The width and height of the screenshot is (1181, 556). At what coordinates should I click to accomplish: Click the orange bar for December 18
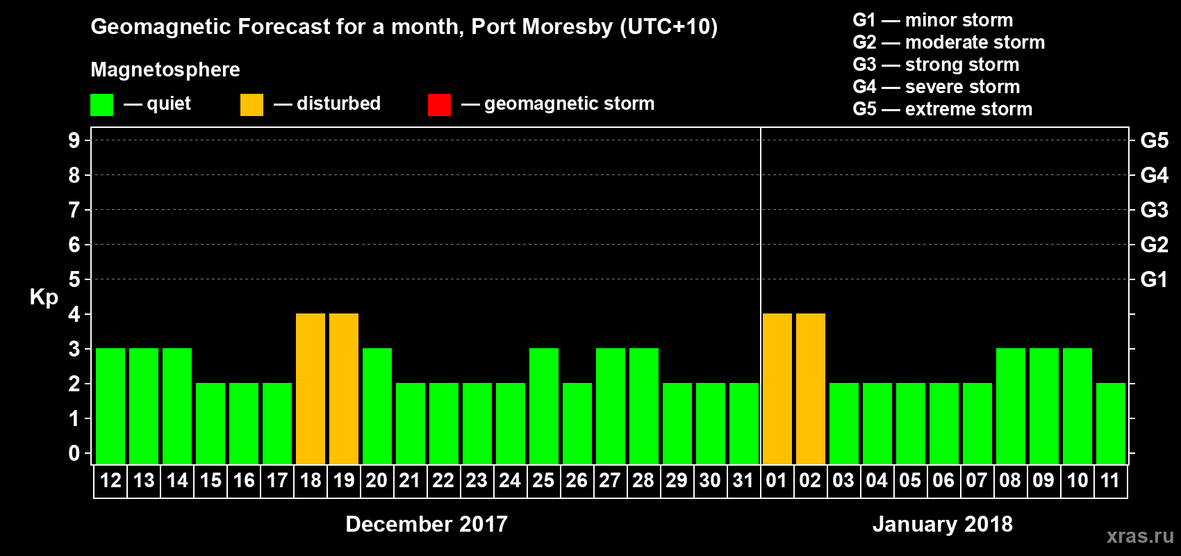pyautogui.click(x=311, y=389)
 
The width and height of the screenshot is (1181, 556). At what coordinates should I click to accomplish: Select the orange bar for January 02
pyautogui.click(x=810, y=389)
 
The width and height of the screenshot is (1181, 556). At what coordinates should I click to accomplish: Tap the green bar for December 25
pyautogui.click(x=543, y=406)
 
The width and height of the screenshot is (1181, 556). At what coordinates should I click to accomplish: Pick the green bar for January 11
pyautogui.click(x=1110, y=423)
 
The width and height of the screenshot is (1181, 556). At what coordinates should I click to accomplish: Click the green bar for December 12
pyautogui.click(x=110, y=406)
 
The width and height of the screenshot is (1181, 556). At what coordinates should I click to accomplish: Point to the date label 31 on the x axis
pyautogui.click(x=743, y=480)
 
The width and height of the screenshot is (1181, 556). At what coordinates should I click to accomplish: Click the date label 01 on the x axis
pyautogui.click(x=777, y=480)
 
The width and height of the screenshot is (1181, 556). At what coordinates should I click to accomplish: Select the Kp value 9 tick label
pyautogui.click(x=74, y=140)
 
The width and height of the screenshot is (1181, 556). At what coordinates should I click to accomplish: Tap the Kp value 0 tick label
pyautogui.click(x=74, y=453)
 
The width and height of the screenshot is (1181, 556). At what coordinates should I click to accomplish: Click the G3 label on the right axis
pyautogui.click(x=1154, y=210)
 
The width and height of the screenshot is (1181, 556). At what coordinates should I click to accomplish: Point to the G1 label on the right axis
pyautogui.click(x=1154, y=279)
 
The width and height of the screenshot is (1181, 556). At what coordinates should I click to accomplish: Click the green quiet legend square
pyautogui.click(x=102, y=105)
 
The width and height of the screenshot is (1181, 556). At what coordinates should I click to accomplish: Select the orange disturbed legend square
pyautogui.click(x=252, y=105)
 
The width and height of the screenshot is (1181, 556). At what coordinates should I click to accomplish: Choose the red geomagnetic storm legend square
pyautogui.click(x=440, y=105)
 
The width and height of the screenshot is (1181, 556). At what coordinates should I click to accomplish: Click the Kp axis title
pyautogui.click(x=44, y=297)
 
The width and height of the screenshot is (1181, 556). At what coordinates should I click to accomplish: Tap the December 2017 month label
pyautogui.click(x=427, y=524)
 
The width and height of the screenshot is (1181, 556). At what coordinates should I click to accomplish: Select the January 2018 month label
pyautogui.click(x=943, y=524)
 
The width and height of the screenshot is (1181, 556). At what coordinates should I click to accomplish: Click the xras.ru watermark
pyautogui.click(x=1140, y=536)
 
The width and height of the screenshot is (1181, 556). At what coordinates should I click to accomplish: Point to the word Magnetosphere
pyautogui.click(x=165, y=69)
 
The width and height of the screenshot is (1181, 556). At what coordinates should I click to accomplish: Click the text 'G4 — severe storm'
pyautogui.click(x=936, y=87)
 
